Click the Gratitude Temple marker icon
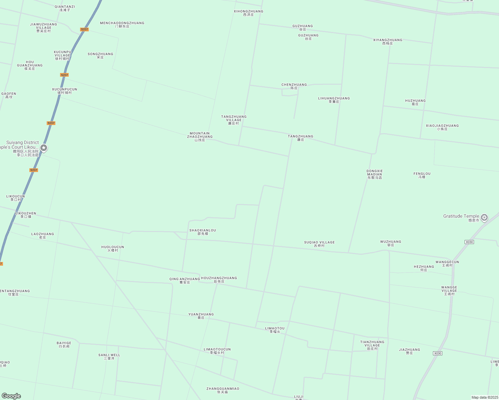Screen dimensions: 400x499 484,218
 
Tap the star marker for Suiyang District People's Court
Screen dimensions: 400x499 43,148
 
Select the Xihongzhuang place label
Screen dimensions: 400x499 248,13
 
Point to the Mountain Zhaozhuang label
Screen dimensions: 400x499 200,137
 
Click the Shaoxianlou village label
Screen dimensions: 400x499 202,232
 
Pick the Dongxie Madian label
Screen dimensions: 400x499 375,174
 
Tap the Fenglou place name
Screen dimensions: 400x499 422,175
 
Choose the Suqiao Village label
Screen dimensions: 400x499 319,244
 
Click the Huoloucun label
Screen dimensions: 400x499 113,249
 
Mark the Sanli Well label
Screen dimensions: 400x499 109,357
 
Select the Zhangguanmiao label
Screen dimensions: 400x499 223,390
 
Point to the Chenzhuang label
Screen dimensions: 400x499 294,86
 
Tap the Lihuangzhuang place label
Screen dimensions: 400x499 334,100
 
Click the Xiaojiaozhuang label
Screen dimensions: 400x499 442,127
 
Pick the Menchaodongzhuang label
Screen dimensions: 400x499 122,25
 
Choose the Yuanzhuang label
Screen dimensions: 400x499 201,316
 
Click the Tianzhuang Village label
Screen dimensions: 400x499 372,345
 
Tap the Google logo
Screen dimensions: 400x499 11,396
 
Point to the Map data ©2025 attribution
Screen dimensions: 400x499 484,397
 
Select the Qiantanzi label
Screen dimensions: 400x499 65,8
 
